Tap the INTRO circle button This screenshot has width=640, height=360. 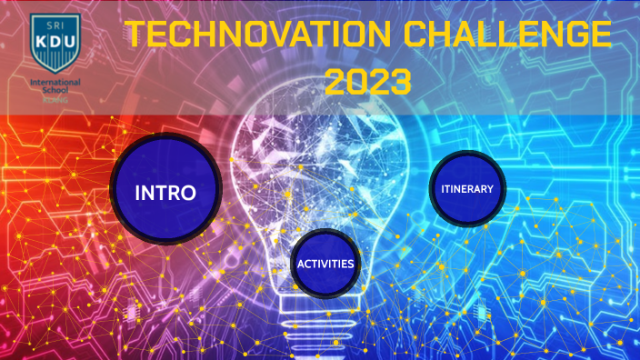(x=165, y=192)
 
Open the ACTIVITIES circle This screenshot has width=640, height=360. (x=325, y=265)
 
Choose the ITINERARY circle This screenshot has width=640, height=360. (x=467, y=189)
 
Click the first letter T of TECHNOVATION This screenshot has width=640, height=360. (x=135, y=35)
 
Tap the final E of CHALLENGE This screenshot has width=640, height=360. (x=599, y=35)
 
